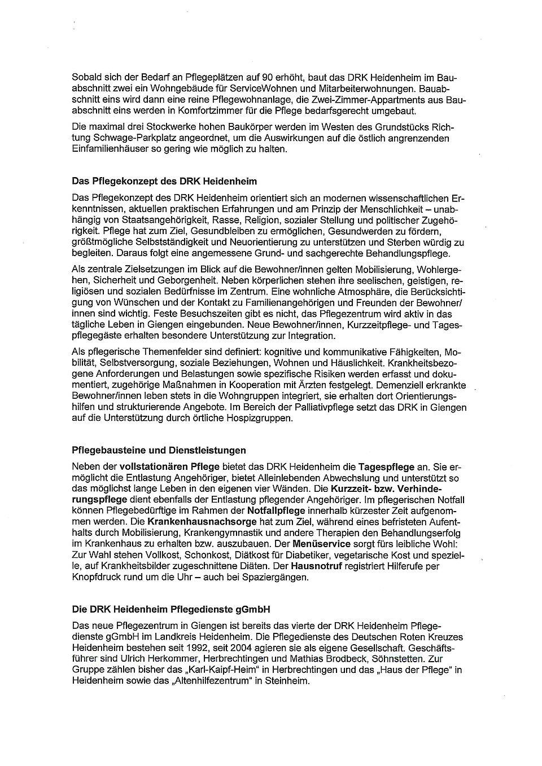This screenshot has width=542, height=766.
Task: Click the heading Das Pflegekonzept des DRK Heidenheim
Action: (164, 182)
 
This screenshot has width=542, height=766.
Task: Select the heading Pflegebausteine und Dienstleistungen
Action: (159, 450)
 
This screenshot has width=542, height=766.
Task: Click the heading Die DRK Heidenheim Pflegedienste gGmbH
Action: (171, 609)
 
